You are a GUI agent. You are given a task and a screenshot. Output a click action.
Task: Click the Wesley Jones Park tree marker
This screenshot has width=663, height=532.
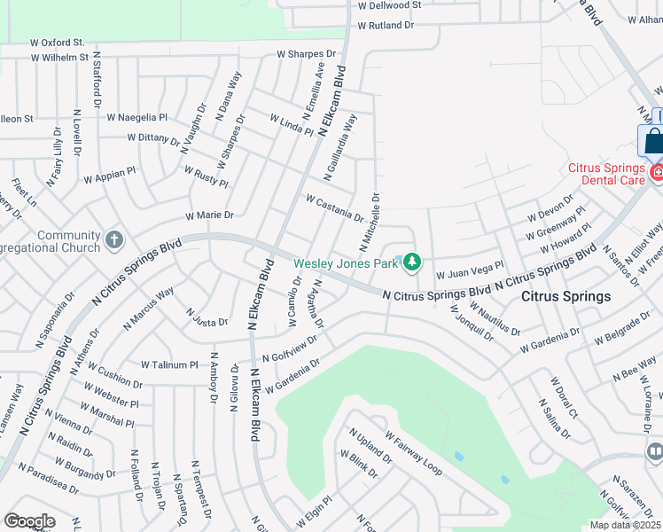(x=412, y=262)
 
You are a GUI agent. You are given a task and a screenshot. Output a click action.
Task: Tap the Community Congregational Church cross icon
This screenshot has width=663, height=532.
(x=113, y=239)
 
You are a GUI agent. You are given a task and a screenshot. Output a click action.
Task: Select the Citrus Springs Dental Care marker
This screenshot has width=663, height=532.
(x=656, y=171)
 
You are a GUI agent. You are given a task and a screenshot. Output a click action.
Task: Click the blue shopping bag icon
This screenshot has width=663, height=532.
(x=654, y=141)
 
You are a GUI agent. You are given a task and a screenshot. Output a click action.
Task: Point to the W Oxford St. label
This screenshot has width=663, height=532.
(x=57, y=42)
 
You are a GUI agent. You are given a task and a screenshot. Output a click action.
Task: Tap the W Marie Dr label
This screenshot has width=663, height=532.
(x=209, y=215)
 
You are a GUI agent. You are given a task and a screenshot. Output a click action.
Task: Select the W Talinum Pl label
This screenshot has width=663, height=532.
(x=170, y=364)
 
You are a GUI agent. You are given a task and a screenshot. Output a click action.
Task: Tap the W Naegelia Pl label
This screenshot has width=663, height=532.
(x=136, y=117)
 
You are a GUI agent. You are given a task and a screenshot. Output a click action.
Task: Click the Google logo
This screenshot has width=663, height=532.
(x=29, y=521)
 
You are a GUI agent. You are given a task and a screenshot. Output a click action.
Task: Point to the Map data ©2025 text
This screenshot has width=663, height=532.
(x=625, y=525)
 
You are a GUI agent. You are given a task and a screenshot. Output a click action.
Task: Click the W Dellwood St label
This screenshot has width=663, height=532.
(x=389, y=5)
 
